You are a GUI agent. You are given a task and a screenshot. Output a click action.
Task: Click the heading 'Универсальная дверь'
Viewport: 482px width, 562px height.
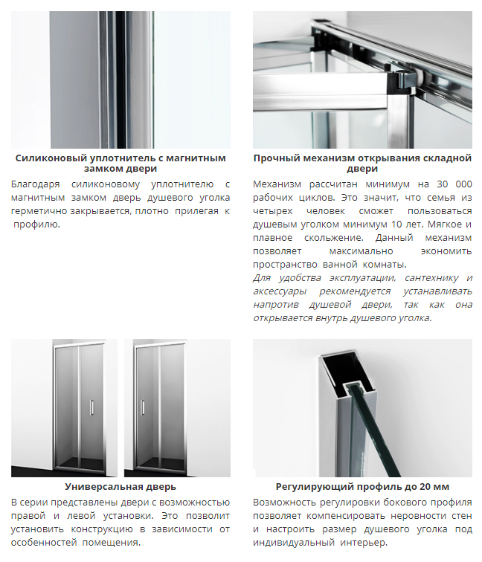tap(120, 487)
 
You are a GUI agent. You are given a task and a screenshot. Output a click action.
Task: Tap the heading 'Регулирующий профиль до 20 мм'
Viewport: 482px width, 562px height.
tap(362, 487)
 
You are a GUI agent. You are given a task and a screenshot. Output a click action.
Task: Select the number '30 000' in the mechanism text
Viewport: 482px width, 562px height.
tap(454, 184)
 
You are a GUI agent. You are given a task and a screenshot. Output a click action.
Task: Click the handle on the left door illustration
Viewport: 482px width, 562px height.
tap(91, 407)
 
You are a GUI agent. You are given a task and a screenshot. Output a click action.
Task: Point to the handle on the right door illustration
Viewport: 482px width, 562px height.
tap(143, 407)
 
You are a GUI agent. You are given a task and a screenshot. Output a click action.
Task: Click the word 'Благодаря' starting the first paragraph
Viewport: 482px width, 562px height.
tap(35, 184)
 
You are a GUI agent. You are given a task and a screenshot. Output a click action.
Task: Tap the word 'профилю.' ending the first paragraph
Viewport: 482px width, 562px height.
tap(37, 225)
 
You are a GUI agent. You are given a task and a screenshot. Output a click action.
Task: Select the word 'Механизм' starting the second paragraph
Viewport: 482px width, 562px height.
tap(277, 184)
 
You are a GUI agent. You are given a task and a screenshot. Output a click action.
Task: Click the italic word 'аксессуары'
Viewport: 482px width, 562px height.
tap(280, 291)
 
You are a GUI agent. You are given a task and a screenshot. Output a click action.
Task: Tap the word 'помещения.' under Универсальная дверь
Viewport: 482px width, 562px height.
tap(112, 543)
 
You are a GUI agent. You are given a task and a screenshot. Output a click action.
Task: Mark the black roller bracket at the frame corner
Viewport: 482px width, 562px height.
tap(397, 80)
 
